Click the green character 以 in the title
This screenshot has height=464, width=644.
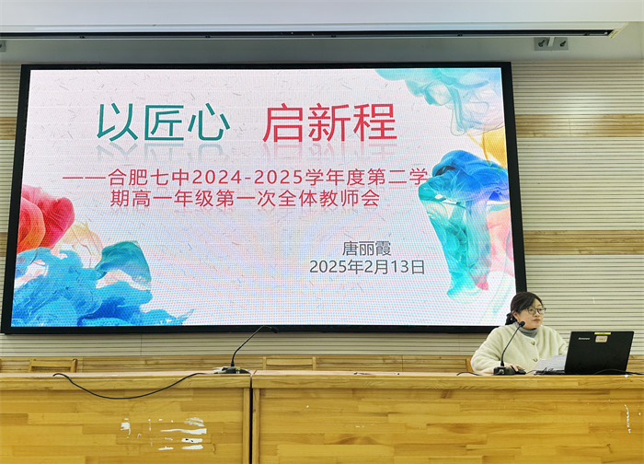click(118, 122)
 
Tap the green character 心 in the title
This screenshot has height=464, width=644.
click(208, 122)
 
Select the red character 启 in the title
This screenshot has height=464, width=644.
click(282, 122)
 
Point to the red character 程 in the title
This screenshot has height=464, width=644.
click(374, 122)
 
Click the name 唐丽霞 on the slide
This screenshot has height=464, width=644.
click(366, 248)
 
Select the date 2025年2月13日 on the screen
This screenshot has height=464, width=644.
click(367, 267)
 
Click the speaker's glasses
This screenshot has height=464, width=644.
click(533, 311)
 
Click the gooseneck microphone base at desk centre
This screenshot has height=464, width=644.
click(232, 370)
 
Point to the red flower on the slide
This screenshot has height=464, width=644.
click(45, 217)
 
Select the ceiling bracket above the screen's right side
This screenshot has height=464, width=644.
click(550, 42)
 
